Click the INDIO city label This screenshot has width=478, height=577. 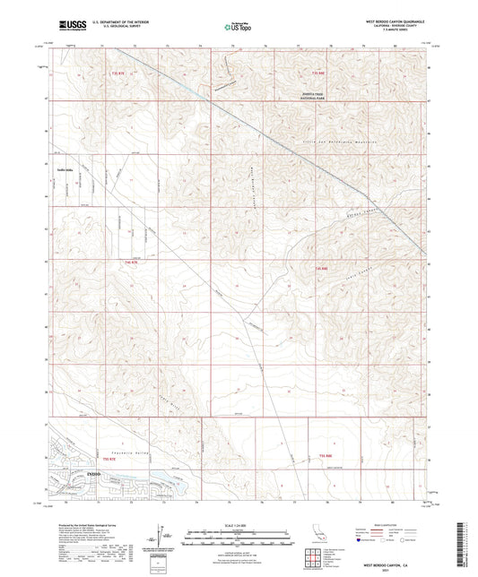[x=69, y=472]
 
